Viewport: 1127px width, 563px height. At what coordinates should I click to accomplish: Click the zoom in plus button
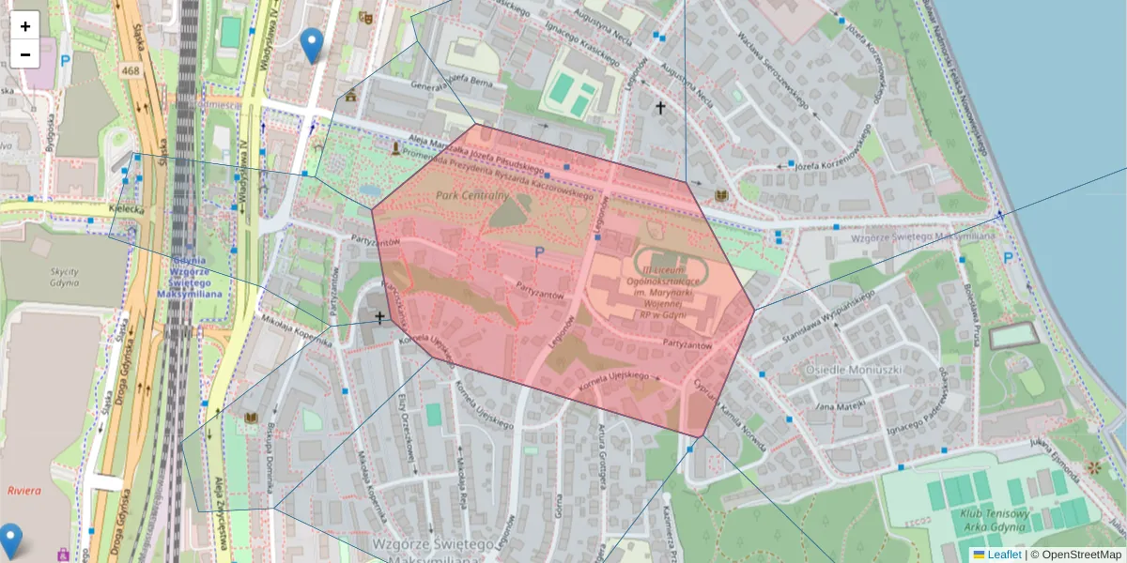click(25, 26)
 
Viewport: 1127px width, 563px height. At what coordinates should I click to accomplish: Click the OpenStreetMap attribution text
click(1079, 555)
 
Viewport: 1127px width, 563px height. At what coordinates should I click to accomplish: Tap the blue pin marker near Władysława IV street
click(311, 44)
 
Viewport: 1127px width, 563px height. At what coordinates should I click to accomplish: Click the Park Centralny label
click(471, 195)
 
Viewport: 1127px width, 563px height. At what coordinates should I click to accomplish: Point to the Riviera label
click(23, 491)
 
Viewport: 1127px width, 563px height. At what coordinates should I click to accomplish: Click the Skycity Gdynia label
click(64, 278)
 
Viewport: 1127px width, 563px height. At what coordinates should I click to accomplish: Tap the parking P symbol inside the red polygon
click(539, 251)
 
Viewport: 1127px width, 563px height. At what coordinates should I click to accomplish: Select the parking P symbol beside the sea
click(1008, 257)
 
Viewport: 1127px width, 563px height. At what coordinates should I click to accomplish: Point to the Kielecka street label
click(126, 210)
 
